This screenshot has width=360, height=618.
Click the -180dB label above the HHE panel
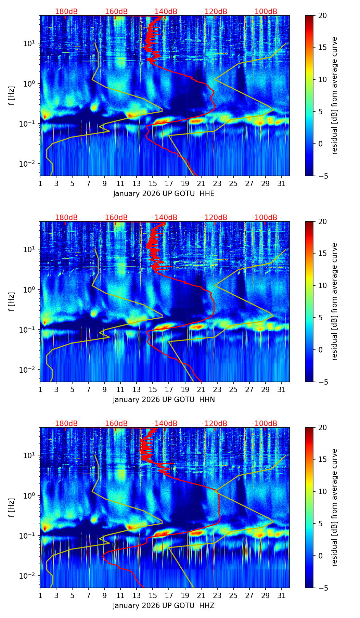coord(65,12)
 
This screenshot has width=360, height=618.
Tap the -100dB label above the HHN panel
coord(265,218)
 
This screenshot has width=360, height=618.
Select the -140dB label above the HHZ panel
coord(165,424)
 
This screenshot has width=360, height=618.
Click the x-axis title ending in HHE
coord(164,194)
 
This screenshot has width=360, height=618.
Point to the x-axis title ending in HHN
coord(164,400)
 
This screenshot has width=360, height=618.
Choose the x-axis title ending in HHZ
coord(164,606)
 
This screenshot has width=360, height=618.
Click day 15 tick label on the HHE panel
coord(153,184)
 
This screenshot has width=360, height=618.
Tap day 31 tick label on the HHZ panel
coord(282,596)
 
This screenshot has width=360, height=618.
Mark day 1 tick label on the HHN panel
coord(40,390)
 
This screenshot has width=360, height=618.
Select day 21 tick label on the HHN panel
coord(201,390)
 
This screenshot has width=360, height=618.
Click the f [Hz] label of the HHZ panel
coord(12,507)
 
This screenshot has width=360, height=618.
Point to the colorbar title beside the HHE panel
coord(335,95)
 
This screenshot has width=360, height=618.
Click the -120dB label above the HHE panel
coord(215,12)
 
